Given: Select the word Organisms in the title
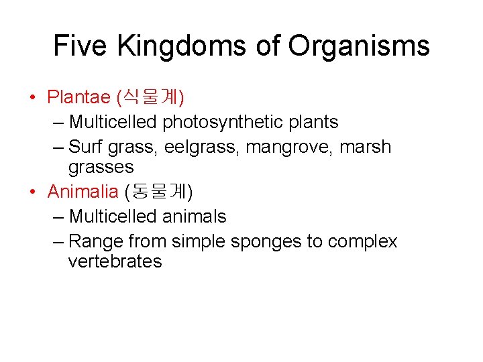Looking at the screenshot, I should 359,46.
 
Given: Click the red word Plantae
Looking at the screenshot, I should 78,97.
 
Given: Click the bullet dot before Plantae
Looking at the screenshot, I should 33,98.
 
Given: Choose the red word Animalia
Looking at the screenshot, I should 83,192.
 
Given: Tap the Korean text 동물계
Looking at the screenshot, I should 158,192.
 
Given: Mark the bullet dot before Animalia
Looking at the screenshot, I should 33,193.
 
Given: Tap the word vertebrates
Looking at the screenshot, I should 115,261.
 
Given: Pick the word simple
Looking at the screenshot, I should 198,242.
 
